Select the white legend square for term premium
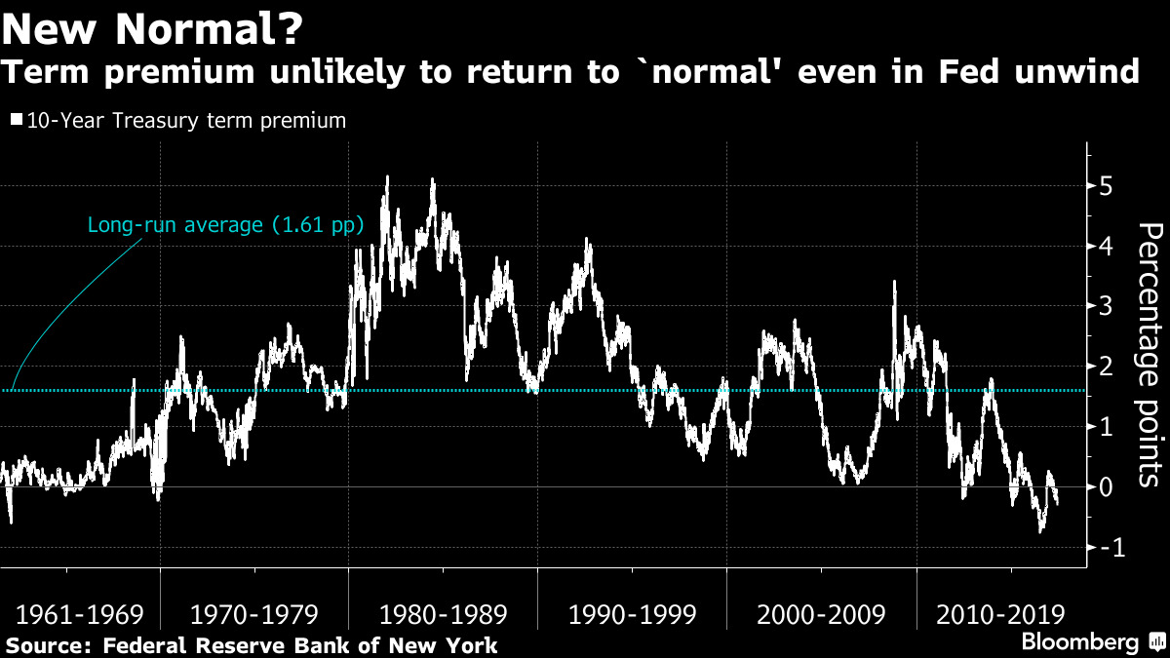click(17, 121)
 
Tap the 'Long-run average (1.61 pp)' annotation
click(225, 225)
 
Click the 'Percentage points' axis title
click(1150, 354)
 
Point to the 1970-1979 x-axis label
click(254, 615)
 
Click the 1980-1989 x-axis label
click(444, 615)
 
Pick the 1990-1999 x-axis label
click(633, 615)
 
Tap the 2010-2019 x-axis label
click(999, 615)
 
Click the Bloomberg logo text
click(1079, 641)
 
